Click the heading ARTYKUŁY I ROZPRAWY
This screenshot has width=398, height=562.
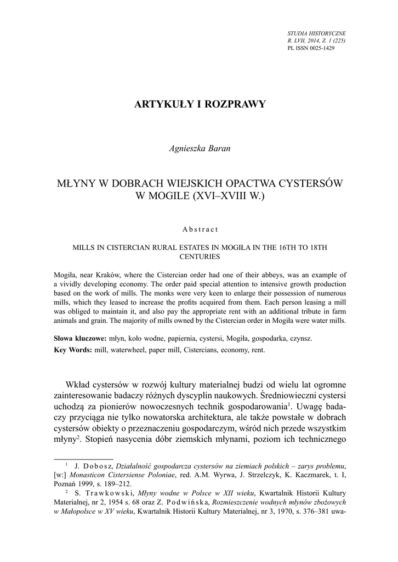point(200,104)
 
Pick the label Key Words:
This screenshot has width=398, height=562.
point(73,350)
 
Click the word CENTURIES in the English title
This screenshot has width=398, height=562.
point(200,256)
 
